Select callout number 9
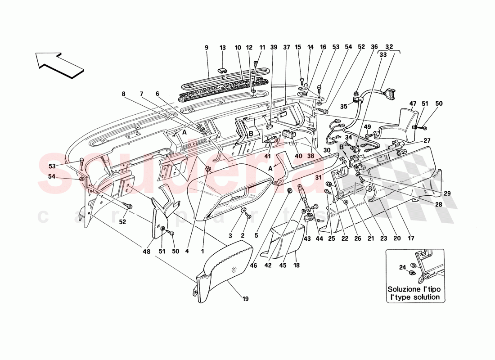(207, 47)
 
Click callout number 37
(287, 47)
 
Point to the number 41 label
(269, 157)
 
